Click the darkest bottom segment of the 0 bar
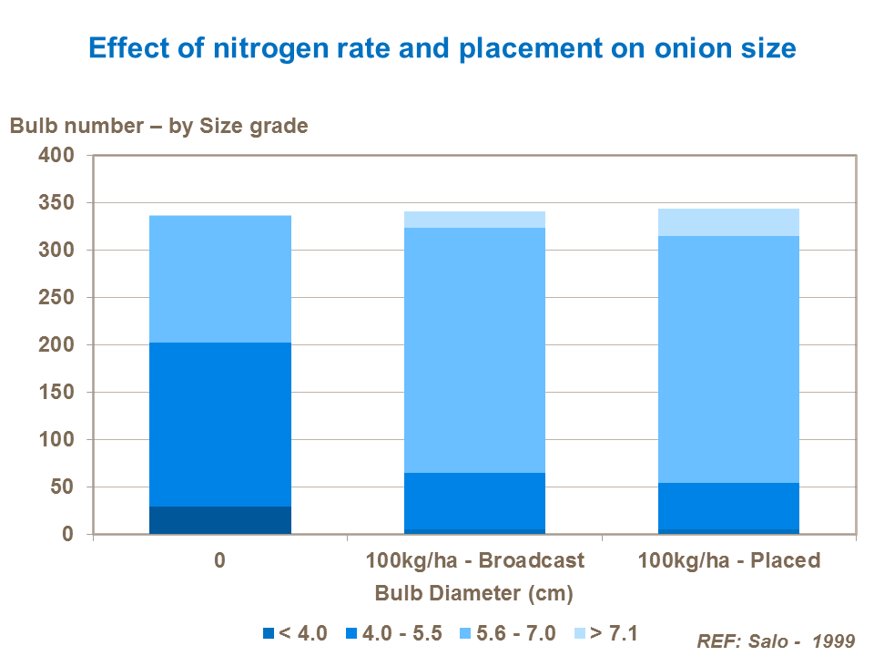coord(219,520)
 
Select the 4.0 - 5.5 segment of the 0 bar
coord(219,425)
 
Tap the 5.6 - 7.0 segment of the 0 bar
coord(219,279)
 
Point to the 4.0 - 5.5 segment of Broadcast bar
coord(474,501)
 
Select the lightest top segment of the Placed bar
coord(728,222)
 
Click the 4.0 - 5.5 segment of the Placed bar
coord(728,506)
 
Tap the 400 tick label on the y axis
coord(56,156)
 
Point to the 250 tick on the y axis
coord(56,298)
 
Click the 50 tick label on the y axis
coord(62,487)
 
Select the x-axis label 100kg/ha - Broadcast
coord(474,559)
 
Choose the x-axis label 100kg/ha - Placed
coord(728,559)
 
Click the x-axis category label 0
coord(219,559)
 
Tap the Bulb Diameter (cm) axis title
coord(474,594)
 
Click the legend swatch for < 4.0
coord(268,633)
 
